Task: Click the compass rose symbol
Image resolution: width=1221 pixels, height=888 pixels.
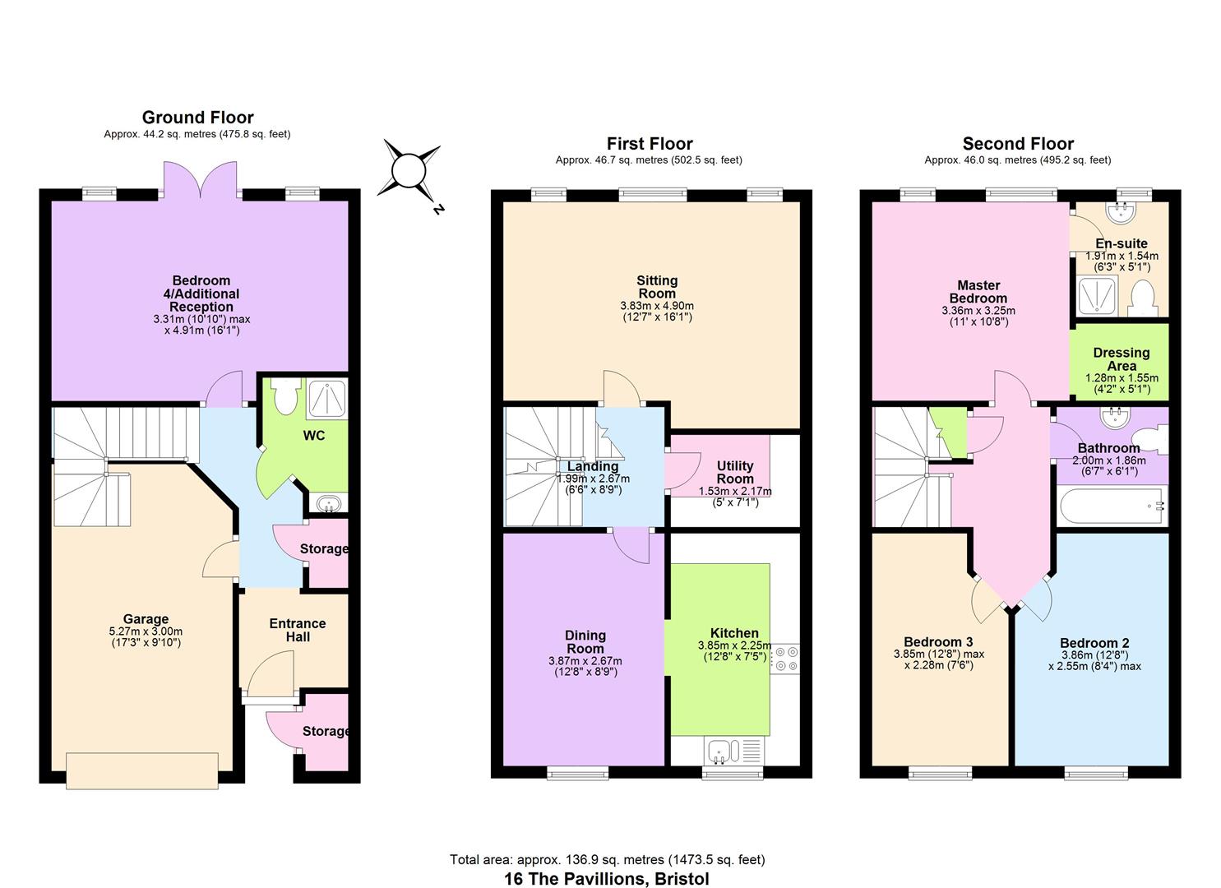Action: pyautogui.click(x=408, y=171)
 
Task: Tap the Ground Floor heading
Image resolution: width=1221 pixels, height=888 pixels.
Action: pyautogui.click(x=197, y=118)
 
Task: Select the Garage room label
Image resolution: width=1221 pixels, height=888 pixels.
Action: pyautogui.click(x=146, y=619)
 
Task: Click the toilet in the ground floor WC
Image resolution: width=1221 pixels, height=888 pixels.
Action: pyautogui.click(x=285, y=397)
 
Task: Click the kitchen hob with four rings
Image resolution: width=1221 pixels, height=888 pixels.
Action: pyautogui.click(x=784, y=658)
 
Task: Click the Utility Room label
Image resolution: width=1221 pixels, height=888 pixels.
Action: pyautogui.click(x=734, y=472)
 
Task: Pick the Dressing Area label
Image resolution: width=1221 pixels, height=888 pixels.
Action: pyautogui.click(x=1121, y=359)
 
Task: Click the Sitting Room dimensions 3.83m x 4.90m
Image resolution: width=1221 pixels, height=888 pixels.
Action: pyautogui.click(x=657, y=306)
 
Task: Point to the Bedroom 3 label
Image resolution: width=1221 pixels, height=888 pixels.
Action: pyautogui.click(x=938, y=642)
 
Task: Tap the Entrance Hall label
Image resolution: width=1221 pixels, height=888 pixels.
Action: pyautogui.click(x=298, y=630)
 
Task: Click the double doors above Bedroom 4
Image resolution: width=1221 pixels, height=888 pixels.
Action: pyautogui.click(x=201, y=179)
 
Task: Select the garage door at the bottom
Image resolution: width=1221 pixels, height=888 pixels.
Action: pyautogui.click(x=142, y=770)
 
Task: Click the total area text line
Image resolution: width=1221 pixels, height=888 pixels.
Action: pyautogui.click(x=607, y=859)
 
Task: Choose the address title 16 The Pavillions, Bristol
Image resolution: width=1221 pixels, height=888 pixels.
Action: pyautogui.click(x=607, y=878)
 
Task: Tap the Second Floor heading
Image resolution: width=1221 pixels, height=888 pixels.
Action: pyautogui.click(x=1018, y=144)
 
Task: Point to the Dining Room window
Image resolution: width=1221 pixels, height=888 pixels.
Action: pyautogui.click(x=578, y=772)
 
